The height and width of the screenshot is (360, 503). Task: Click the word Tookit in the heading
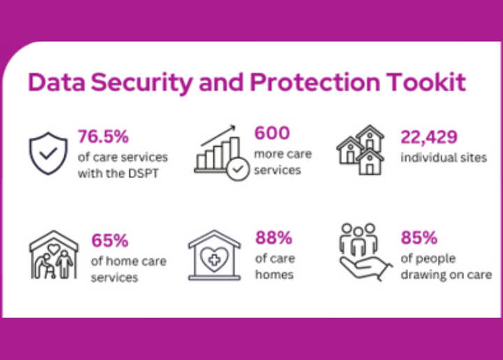coord(425,82)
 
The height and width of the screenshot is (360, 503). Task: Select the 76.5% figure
coord(103,136)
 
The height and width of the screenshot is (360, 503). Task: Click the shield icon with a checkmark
coord(48,153)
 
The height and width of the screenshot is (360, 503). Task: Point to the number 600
coord(272,133)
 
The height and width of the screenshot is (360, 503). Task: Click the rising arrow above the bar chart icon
coord(218,136)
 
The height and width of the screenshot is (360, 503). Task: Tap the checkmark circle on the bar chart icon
coord(238,169)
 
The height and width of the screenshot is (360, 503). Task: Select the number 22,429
coord(429,137)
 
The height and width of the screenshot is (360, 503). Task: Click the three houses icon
coord(360,150)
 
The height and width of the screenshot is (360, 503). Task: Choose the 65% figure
coord(110,240)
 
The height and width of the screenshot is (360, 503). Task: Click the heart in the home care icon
coord(54,249)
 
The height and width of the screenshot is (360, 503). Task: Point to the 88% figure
coord(274,238)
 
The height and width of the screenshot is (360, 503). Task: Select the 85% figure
coord(419,238)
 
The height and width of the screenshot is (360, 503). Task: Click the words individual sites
coord(444,157)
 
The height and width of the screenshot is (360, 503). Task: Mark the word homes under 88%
coord(275,275)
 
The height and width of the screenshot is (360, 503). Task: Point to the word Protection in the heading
coord(314,82)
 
